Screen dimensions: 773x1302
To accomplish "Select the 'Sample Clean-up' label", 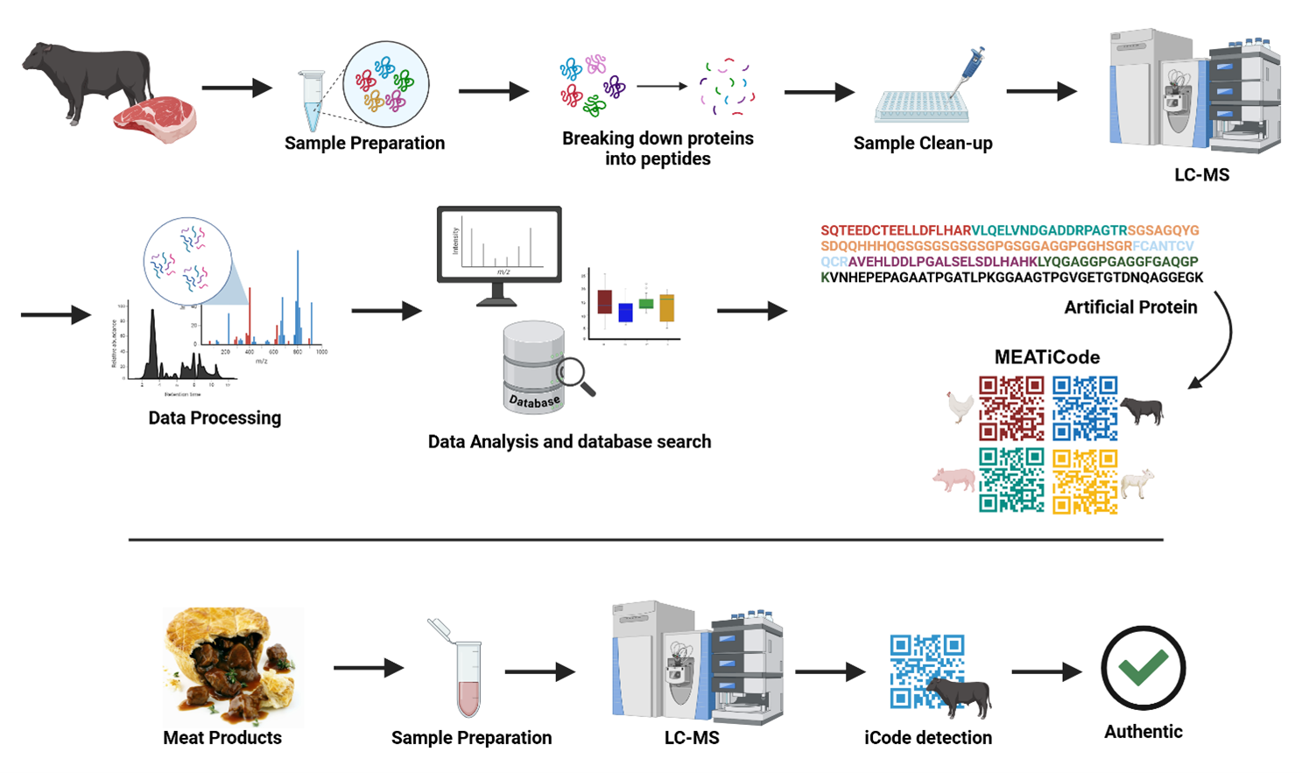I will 923,144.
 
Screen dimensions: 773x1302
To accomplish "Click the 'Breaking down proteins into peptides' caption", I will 658,149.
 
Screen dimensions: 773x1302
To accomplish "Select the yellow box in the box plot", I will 666,307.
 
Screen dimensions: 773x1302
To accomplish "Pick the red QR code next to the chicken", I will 1011,408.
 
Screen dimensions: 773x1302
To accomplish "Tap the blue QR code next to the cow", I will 1085,408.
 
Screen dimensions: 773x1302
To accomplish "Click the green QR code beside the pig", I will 1011,480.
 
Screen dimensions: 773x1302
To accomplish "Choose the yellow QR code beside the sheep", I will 1085,481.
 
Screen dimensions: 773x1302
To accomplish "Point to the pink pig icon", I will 954,480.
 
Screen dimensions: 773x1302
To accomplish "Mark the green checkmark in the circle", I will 1143,668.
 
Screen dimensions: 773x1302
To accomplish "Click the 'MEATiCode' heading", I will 1046,357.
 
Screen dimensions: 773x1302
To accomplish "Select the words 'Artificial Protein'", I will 1130,307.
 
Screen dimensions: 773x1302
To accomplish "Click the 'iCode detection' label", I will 927,738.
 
